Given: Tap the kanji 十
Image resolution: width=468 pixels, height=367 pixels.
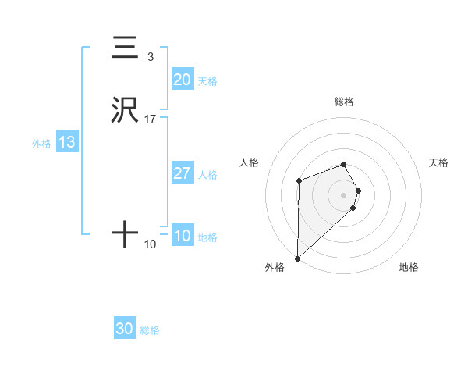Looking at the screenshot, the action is (125, 235).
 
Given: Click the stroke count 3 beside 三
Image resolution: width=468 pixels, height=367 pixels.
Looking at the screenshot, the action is (151, 57).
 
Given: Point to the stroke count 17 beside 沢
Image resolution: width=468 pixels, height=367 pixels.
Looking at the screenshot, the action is (151, 119).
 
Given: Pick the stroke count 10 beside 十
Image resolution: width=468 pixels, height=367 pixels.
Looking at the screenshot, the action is (151, 244).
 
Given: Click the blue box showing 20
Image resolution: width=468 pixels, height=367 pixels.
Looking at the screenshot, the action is (183, 80).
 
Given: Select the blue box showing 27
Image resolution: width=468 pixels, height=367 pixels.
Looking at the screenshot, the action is (183, 173).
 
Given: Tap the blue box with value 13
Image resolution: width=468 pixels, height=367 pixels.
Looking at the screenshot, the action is (67, 142).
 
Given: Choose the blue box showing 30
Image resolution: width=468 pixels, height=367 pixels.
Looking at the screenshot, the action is (125, 329).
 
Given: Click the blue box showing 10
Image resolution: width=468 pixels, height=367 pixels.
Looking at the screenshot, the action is (183, 236).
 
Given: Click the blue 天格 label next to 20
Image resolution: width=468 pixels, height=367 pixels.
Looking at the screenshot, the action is (207, 81).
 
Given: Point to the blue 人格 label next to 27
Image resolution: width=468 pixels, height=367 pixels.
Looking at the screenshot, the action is (207, 175).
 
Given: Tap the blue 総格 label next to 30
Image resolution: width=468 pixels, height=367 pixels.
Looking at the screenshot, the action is (150, 330).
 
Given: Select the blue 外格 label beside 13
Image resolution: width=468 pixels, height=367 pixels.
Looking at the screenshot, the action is (41, 144).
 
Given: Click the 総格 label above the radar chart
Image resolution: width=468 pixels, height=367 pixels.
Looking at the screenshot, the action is (344, 102).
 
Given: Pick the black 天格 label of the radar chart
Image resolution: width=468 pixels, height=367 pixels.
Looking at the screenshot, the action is (439, 162).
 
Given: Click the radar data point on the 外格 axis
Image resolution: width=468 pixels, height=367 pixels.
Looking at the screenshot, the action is (297, 258).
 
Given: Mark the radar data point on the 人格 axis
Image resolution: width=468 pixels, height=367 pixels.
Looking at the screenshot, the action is (299, 181).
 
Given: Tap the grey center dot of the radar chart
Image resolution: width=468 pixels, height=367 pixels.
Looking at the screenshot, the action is (344, 194).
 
